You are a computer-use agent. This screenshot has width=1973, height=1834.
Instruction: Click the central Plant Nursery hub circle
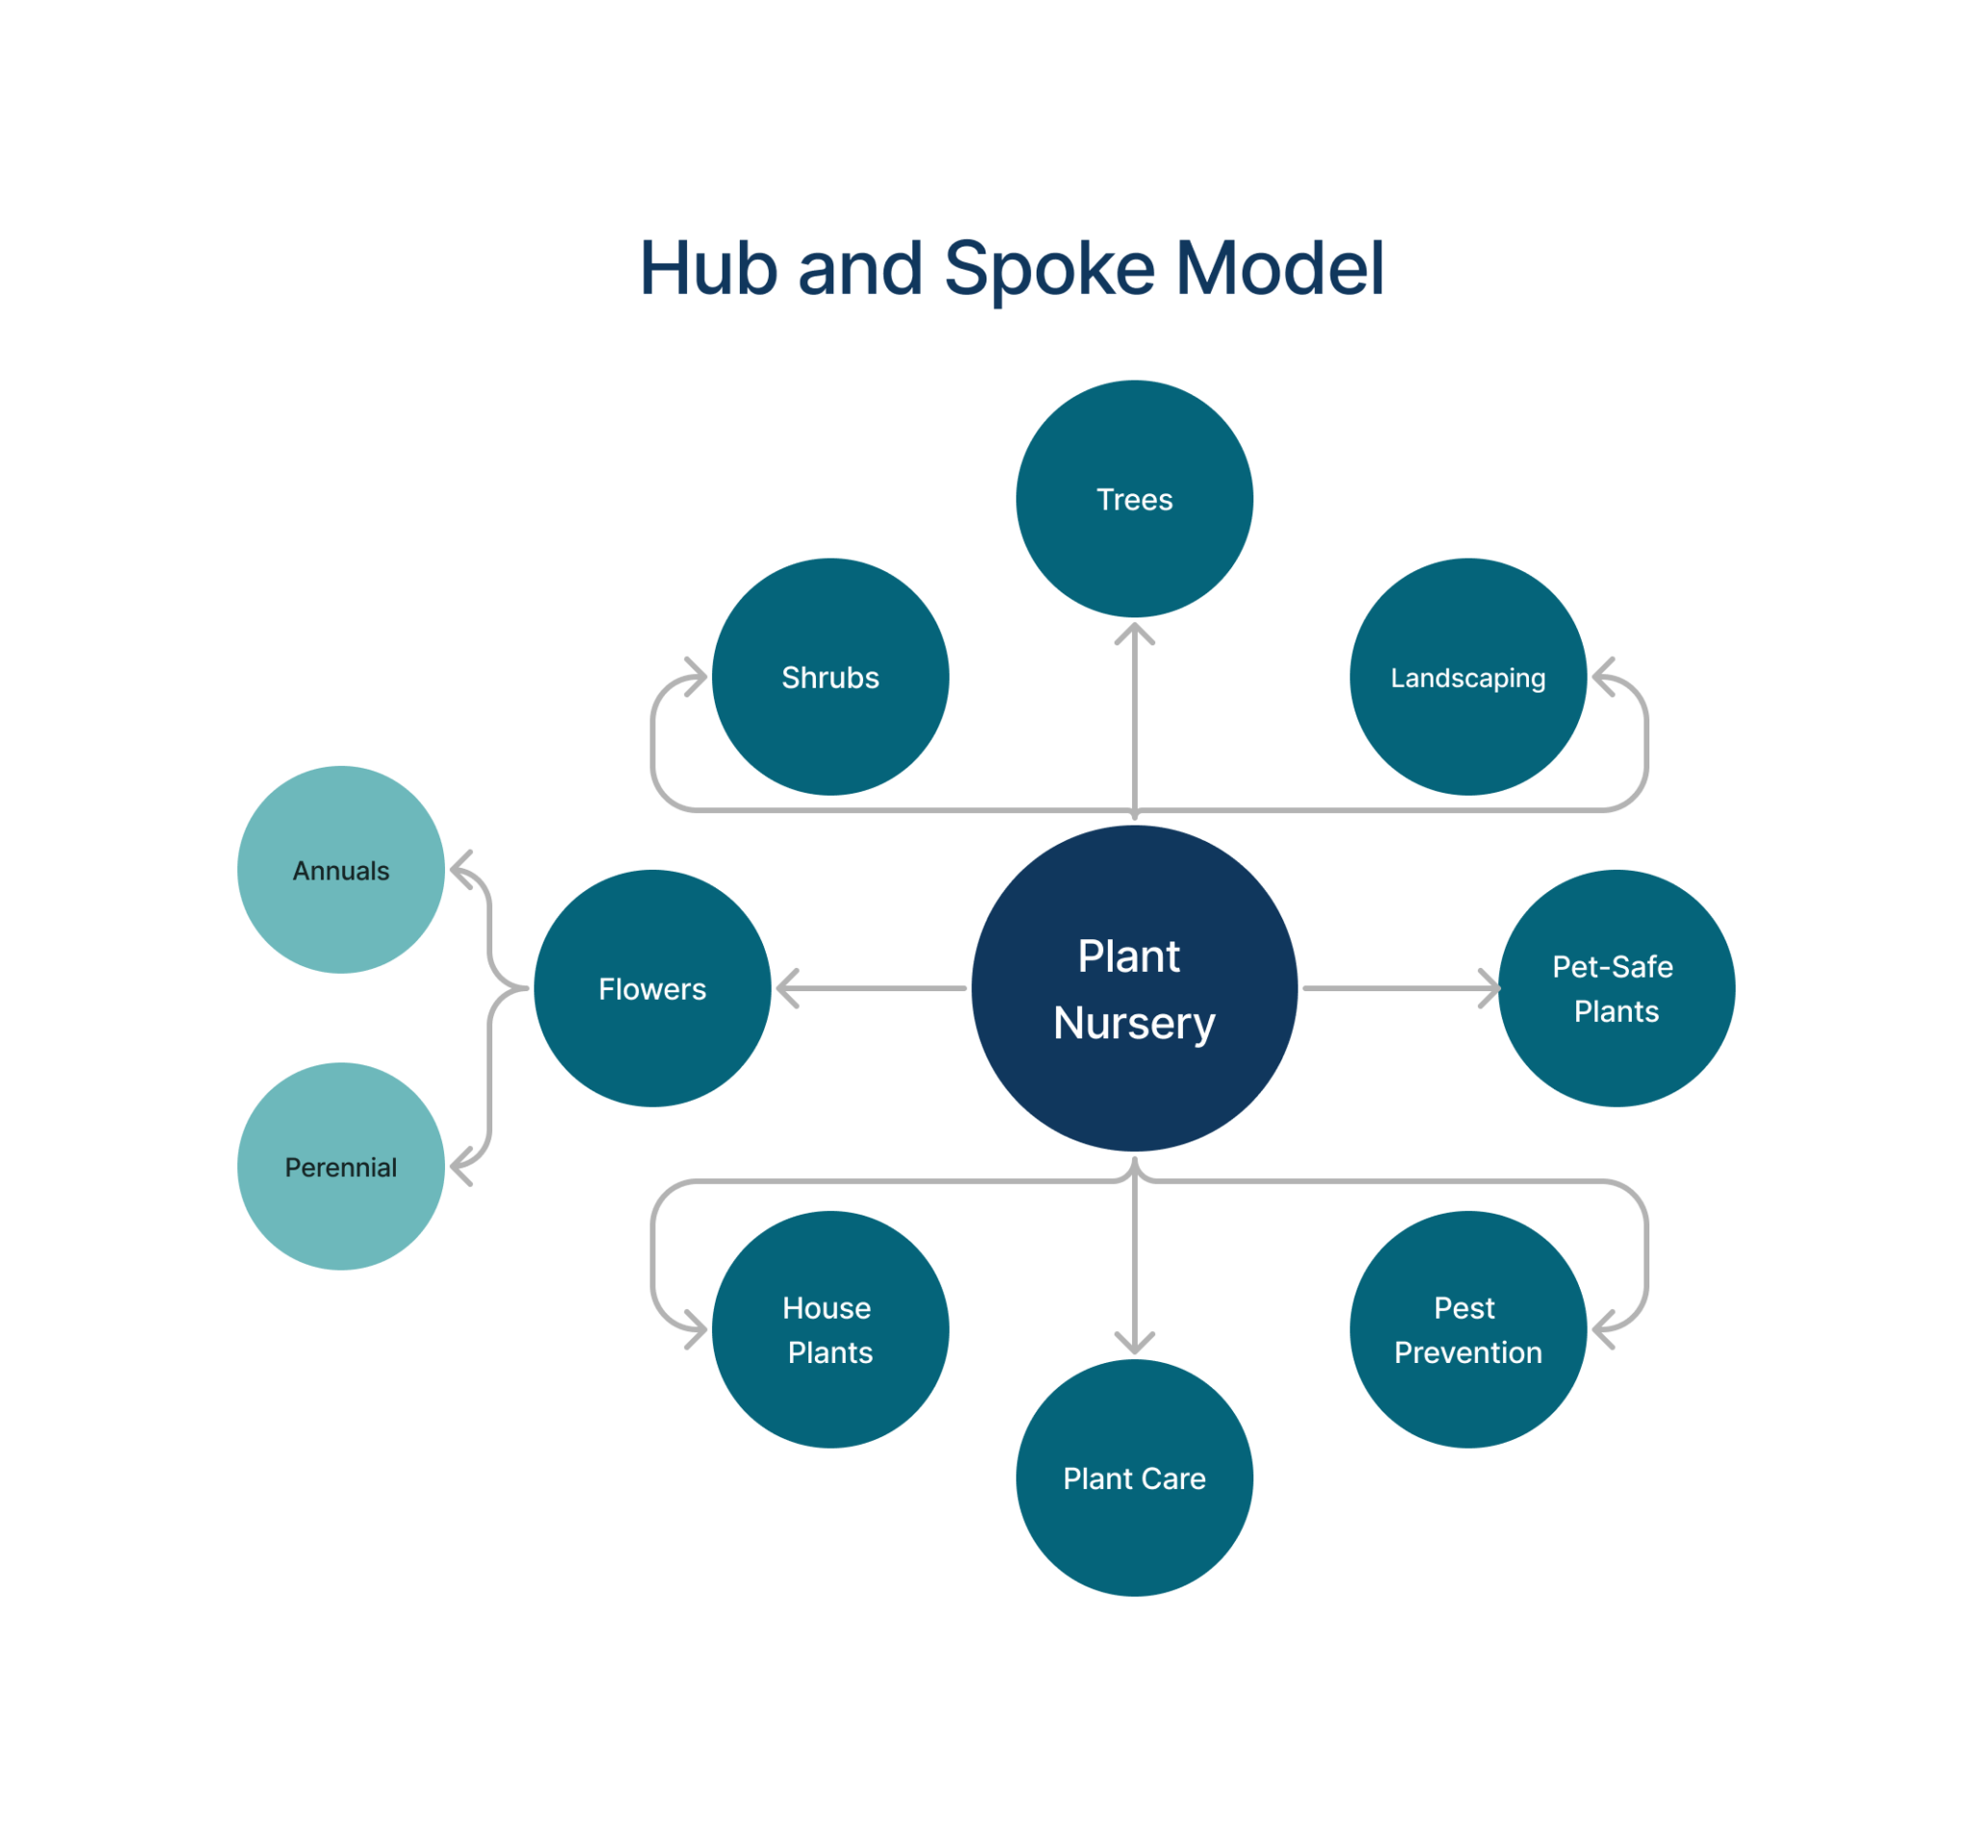pos(1134,988)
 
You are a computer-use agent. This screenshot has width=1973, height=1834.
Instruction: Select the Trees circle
pos(1134,499)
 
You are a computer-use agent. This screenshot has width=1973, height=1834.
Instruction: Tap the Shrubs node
pos(830,677)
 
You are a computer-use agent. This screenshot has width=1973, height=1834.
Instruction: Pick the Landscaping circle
pos(1468,677)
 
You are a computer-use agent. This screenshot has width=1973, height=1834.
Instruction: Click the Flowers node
pos(652,988)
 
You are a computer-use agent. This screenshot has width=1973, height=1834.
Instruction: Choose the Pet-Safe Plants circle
pos(1617,988)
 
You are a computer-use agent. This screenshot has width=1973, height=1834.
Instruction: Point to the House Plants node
pos(830,1330)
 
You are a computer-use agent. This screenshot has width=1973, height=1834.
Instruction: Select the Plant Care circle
pos(1134,1479)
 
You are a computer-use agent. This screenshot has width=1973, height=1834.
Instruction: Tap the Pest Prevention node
pos(1468,1330)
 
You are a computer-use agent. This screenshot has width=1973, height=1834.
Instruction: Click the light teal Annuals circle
pos(341,870)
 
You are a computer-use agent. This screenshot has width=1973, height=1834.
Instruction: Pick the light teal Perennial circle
pos(341,1167)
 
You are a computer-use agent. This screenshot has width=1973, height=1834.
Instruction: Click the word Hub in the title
pos(708,269)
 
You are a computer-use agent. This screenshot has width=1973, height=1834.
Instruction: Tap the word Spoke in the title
pos(1049,269)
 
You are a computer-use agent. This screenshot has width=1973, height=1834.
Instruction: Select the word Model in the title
pos(1280,269)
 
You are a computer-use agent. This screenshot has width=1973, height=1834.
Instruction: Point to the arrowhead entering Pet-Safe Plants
pos(1491,988)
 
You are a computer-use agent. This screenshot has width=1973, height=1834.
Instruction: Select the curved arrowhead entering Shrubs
pos(698,677)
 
